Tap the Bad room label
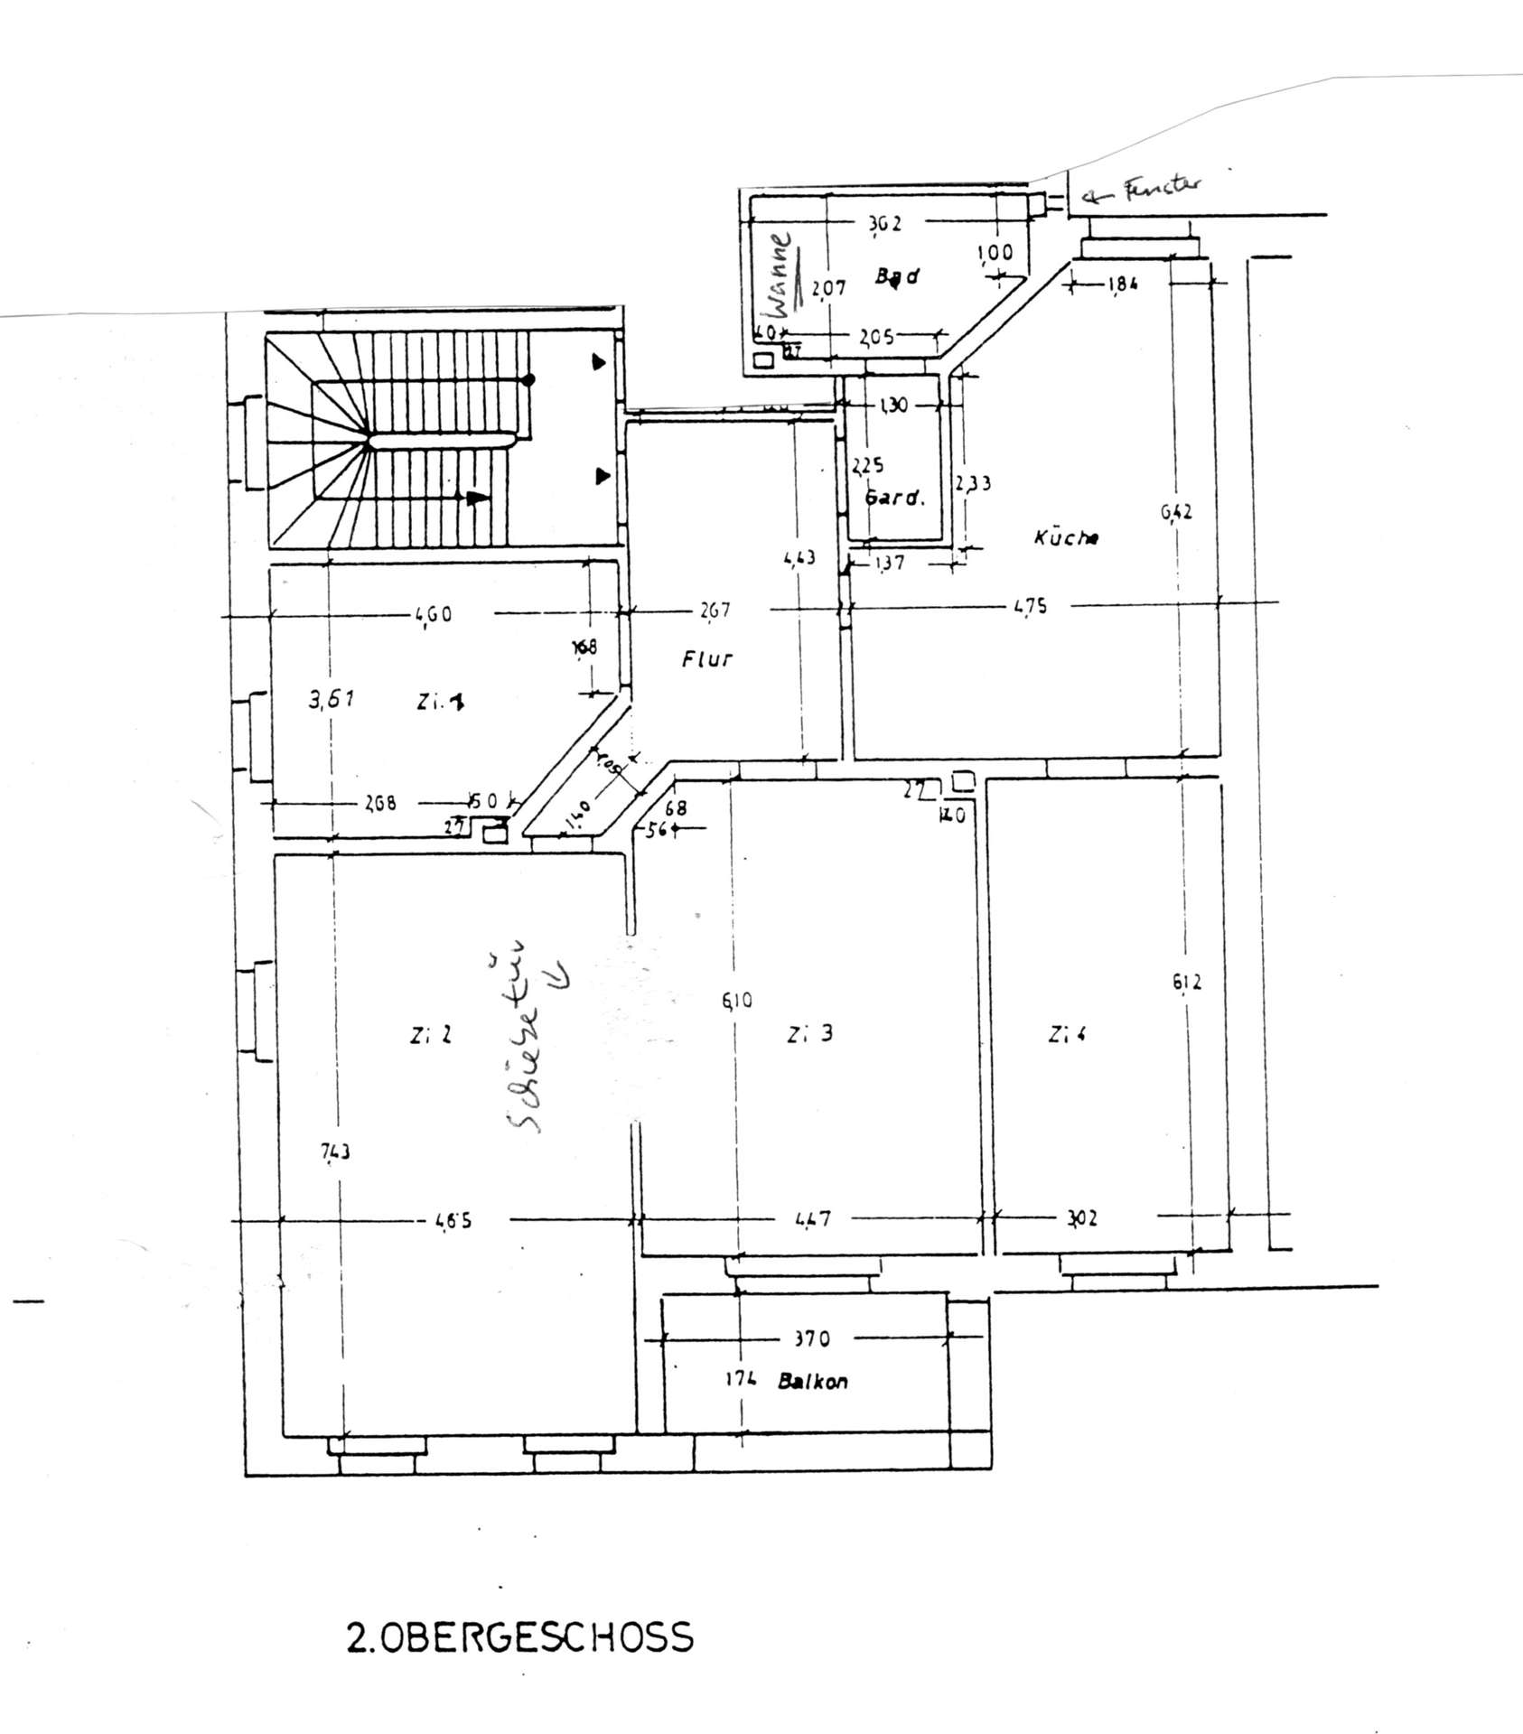coord(897,276)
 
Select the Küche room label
coord(1066,537)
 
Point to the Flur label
coord(707,658)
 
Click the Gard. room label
coord(894,498)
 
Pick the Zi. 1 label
coord(441,701)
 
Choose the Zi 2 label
coord(430,1036)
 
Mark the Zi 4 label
coord(1067,1034)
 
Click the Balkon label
coord(813,1381)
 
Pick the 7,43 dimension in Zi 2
coord(335,1151)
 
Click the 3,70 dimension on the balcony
coord(811,1338)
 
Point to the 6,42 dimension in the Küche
coord(1176,512)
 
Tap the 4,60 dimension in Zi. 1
coord(434,615)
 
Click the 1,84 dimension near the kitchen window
coord(1120,284)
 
